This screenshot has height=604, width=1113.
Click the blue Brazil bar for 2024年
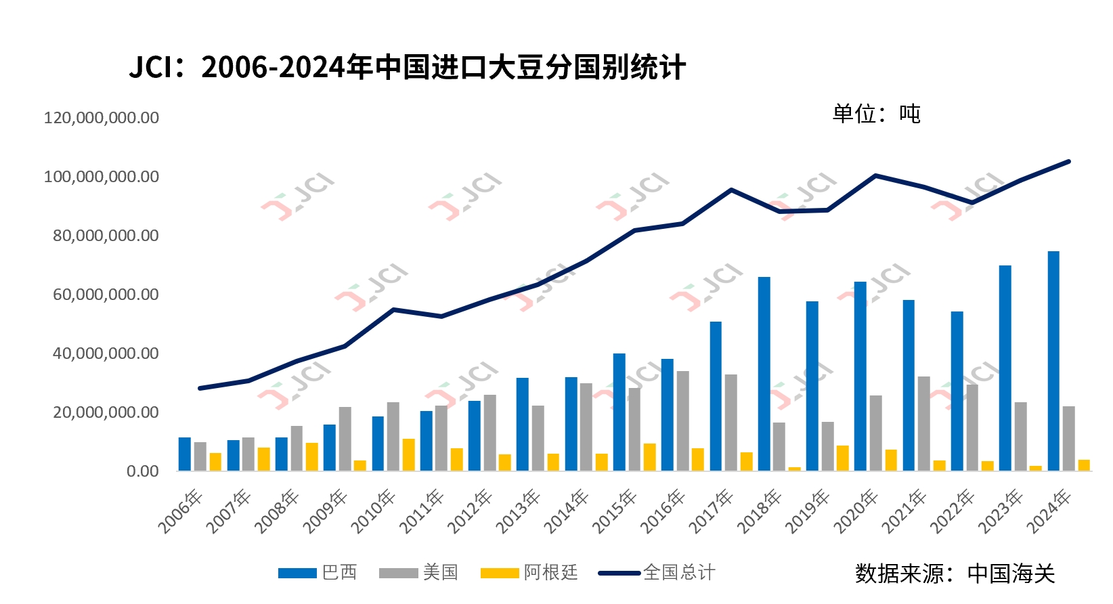pyautogui.click(x=1053, y=361)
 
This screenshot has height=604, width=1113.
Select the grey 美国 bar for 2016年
pyautogui.click(x=683, y=420)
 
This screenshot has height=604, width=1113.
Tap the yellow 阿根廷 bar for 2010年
pyautogui.click(x=409, y=454)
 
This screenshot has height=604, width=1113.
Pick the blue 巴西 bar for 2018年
pyautogui.click(x=764, y=374)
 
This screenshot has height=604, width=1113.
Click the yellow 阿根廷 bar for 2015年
pyautogui.click(x=650, y=457)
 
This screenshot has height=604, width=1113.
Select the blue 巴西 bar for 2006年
pyautogui.click(x=185, y=454)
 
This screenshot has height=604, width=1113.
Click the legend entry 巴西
pyautogui.click(x=318, y=573)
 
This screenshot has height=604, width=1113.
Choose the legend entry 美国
pyautogui.click(x=419, y=573)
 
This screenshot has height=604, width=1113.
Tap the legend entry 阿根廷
pyautogui.click(x=529, y=573)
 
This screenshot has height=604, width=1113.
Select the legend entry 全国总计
pyautogui.click(x=657, y=573)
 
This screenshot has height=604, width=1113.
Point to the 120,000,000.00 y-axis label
pyautogui.click(x=102, y=118)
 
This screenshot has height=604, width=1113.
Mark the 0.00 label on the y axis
pyautogui.click(x=143, y=471)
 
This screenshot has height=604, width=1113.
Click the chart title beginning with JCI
pyautogui.click(x=407, y=68)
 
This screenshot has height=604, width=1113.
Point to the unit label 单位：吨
pyautogui.click(x=876, y=114)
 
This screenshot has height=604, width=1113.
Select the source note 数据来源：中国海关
pyautogui.click(x=955, y=574)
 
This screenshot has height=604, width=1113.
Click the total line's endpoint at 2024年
pyautogui.click(x=1068, y=161)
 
